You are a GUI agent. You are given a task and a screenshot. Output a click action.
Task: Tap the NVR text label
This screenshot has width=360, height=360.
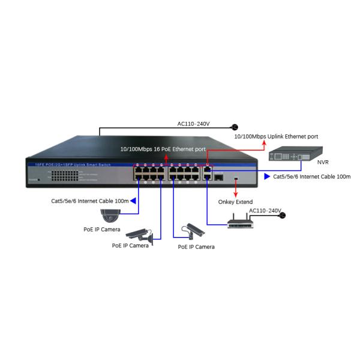click(322, 162)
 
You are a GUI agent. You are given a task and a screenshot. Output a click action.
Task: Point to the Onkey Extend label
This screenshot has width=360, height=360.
click(235, 202)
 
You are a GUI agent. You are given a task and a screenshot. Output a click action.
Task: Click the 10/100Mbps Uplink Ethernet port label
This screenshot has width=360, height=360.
click(276, 137)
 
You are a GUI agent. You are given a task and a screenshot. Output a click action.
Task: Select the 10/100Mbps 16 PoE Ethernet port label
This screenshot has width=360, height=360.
click(163, 148)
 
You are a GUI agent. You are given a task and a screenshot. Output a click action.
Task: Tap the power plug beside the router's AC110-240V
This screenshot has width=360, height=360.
click(283, 215)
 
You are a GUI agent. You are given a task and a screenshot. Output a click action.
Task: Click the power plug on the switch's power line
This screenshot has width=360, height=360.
click(235, 127)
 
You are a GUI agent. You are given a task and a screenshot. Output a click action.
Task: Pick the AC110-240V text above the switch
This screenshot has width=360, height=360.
click(193, 124)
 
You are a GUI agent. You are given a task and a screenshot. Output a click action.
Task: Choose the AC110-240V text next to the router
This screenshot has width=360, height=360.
click(265, 211)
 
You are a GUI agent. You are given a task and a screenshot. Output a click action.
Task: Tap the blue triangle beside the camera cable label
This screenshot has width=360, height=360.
click(133, 201)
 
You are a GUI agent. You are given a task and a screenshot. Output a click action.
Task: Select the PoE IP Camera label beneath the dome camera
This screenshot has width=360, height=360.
click(101, 230)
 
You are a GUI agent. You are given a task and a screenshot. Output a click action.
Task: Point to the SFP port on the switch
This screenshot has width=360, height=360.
click(219, 178)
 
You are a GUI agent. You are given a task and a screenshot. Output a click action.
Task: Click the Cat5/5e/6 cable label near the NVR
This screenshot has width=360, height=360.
click(311, 177)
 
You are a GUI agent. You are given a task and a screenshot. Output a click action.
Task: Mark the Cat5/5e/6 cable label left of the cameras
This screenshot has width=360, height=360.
click(89, 201)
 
